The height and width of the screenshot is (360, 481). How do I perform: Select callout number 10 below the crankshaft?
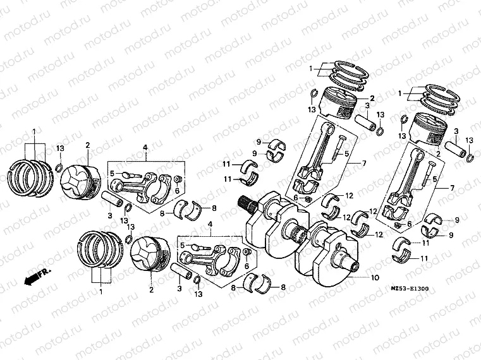375,277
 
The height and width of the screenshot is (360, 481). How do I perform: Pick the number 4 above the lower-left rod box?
210,224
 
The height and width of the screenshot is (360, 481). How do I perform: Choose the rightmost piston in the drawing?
437,132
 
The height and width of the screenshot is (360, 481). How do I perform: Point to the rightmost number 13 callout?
470,140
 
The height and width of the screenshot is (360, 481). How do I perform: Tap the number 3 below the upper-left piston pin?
109,217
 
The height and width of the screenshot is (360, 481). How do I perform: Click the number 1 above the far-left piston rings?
33,131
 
